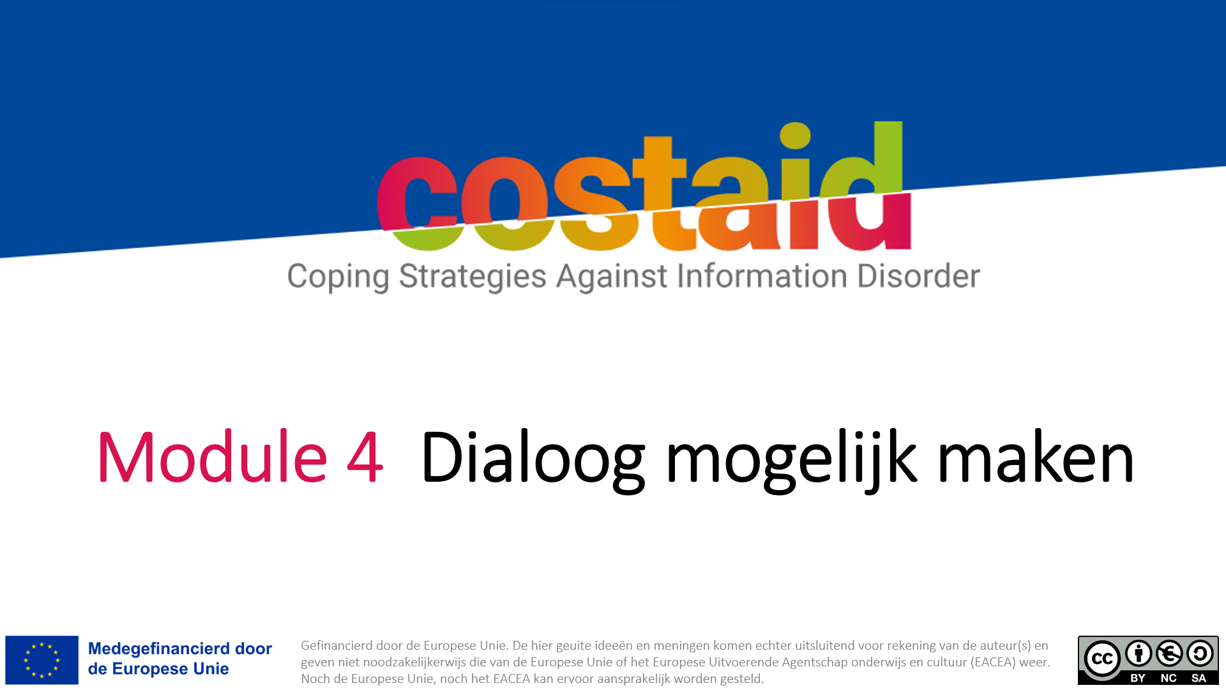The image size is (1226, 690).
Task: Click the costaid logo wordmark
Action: (x=644, y=187)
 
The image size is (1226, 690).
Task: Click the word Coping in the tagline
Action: (x=338, y=277)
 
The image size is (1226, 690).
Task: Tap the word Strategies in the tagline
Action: (x=473, y=277)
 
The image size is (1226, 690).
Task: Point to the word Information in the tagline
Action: (x=762, y=276)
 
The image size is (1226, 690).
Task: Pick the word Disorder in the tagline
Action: (x=918, y=276)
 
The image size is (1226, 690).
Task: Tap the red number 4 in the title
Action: (x=365, y=457)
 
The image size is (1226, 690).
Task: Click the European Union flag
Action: (x=42, y=660)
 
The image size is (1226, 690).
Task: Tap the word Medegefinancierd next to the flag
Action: (x=159, y=648)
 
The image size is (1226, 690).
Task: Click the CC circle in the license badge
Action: (x=1102, y=659)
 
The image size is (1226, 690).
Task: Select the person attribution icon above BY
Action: (x=1139, y=654)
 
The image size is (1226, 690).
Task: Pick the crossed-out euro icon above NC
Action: (x=1169, y=654)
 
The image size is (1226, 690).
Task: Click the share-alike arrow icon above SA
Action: (x=1200, y=654)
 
